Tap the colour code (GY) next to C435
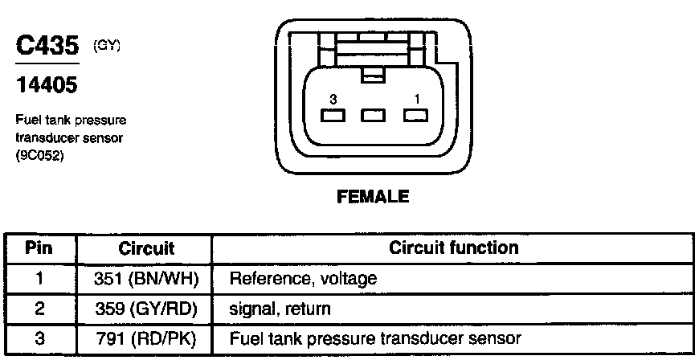(108, 46)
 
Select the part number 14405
(47, 84)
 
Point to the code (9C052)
(39, 156)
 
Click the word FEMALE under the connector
(371, 196)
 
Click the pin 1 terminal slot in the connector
(415, 116)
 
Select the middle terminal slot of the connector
(373, 116)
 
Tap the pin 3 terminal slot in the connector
(331, 116)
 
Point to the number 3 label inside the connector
(331, 98)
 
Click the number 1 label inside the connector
(415, 98)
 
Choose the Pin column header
(40, 247)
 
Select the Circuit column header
(146, 248)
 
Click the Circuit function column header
(453, 247)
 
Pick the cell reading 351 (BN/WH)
(146, 278)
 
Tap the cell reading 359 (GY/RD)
(146, 308)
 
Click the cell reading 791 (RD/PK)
(146, 337)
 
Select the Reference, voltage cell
(303, 278)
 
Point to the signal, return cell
(280, 308)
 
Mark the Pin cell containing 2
(40, 308)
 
